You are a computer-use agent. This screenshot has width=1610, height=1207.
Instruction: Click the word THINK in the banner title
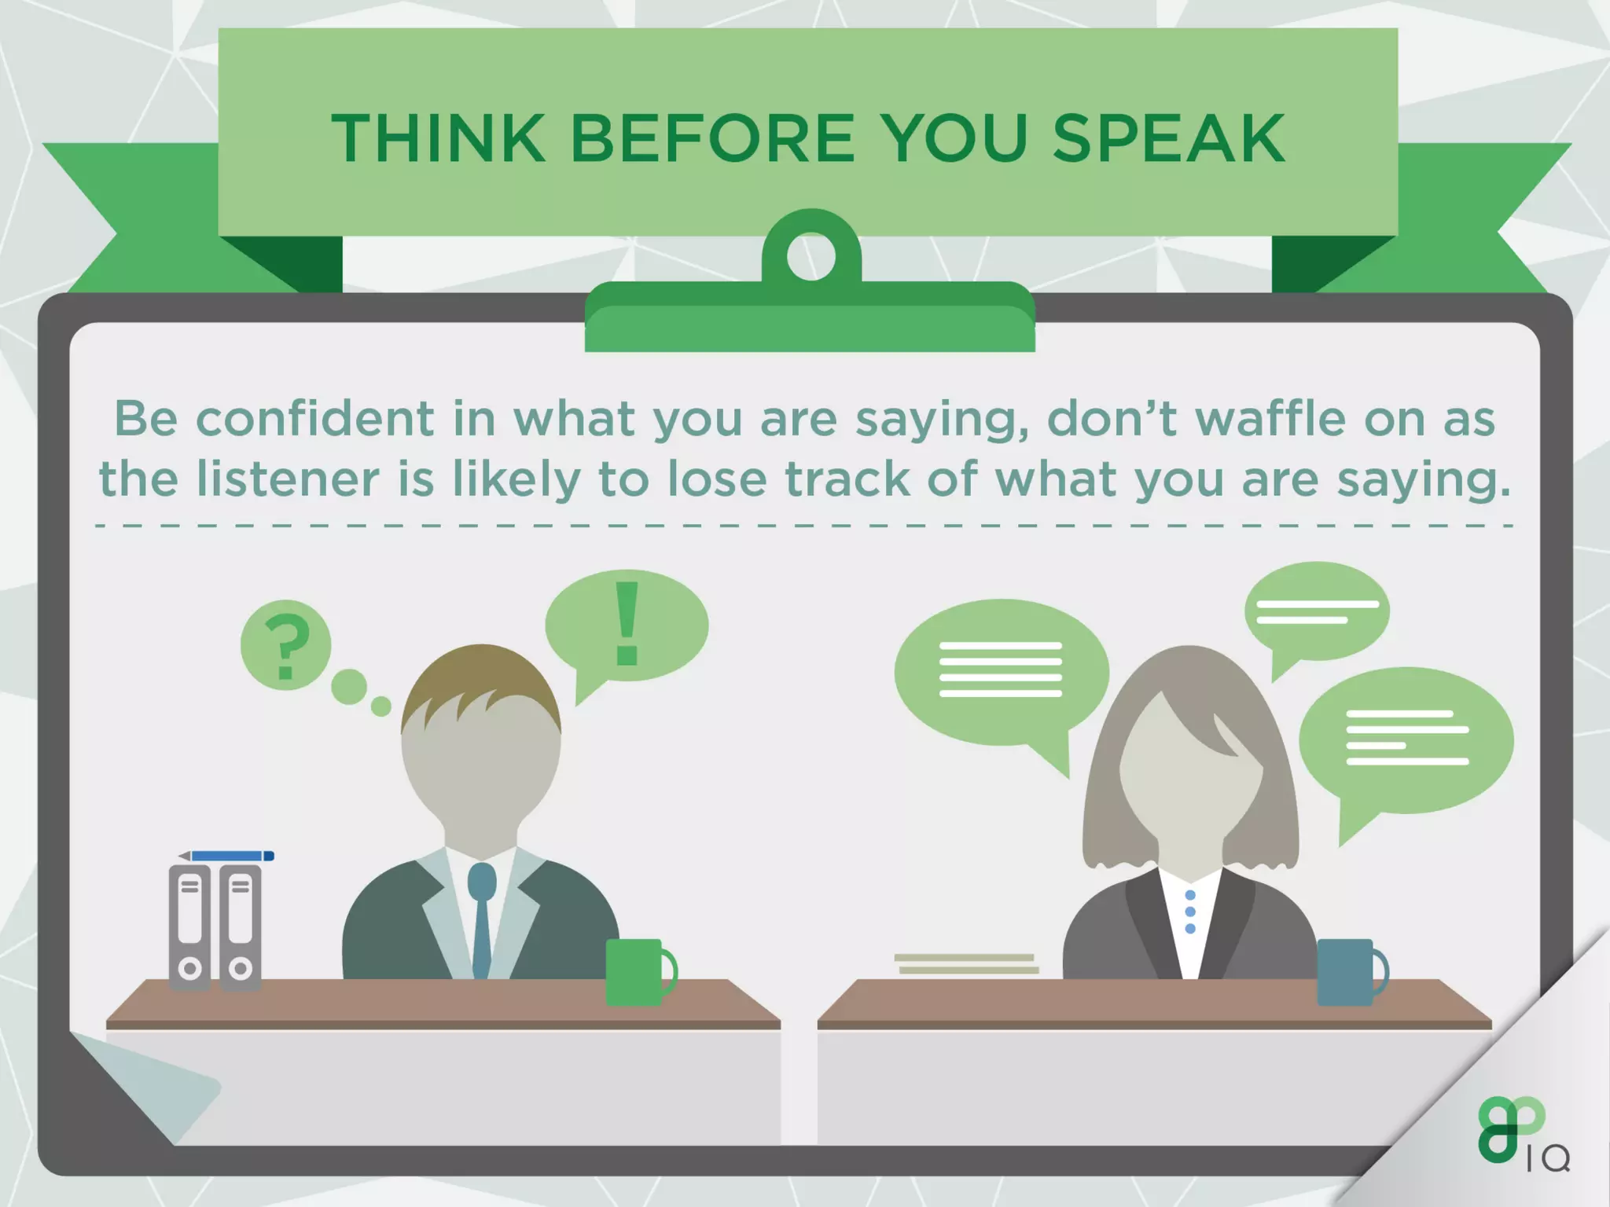point(438,138)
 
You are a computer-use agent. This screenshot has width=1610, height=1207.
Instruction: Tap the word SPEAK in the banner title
point(1168,138)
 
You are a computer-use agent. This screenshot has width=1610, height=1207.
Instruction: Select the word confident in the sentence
point(314,418)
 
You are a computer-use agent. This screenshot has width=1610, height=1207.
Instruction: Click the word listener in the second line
point(288,479)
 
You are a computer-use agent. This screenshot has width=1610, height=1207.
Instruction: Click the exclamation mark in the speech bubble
point(627,624)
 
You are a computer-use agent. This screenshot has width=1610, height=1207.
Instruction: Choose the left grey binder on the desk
point(189,927)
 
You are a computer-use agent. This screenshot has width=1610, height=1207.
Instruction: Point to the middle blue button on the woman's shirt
point(1190,912)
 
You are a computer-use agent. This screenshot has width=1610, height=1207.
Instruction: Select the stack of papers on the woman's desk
point(967,963)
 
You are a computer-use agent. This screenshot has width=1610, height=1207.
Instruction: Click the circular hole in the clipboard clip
point(811,256)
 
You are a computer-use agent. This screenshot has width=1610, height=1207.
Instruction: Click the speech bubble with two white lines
point(1317,612)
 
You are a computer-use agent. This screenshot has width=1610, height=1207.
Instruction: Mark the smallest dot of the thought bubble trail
point(380,706)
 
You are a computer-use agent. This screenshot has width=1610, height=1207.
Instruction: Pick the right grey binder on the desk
point(240,927)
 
